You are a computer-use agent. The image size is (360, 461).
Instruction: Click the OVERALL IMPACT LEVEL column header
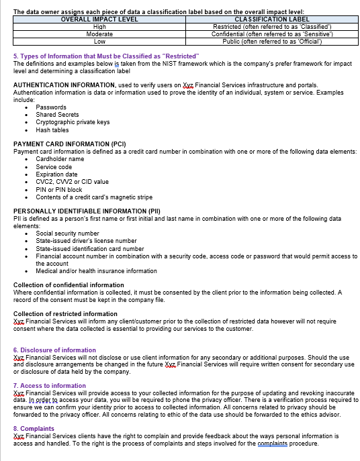coord(99,19)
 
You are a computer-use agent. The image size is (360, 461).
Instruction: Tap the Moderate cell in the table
coord(99,34)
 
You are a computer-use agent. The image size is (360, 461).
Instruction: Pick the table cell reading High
coord(99,27)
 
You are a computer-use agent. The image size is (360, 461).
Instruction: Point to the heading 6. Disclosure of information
coord(54,350)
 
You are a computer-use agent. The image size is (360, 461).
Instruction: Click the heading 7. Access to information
coord(50,386)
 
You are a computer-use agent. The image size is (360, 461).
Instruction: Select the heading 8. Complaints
coord(34,429)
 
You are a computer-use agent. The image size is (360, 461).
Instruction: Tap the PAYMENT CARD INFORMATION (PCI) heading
coord(70,144)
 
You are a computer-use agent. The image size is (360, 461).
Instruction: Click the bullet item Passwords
coord(51,107)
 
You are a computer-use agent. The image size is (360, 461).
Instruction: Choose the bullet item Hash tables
coord(52,130)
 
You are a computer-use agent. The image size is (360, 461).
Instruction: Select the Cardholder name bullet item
coord(60,159)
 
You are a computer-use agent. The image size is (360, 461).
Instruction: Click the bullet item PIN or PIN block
coord(59,189)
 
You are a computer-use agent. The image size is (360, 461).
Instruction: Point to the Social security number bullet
coord(67,234)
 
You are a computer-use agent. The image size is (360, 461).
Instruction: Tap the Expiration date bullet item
coord(56,174)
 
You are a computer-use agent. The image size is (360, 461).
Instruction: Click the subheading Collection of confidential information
coord(69,285)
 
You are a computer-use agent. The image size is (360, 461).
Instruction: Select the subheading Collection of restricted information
coord(65,314)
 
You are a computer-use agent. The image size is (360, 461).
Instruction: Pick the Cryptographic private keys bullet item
coord(73,122)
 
